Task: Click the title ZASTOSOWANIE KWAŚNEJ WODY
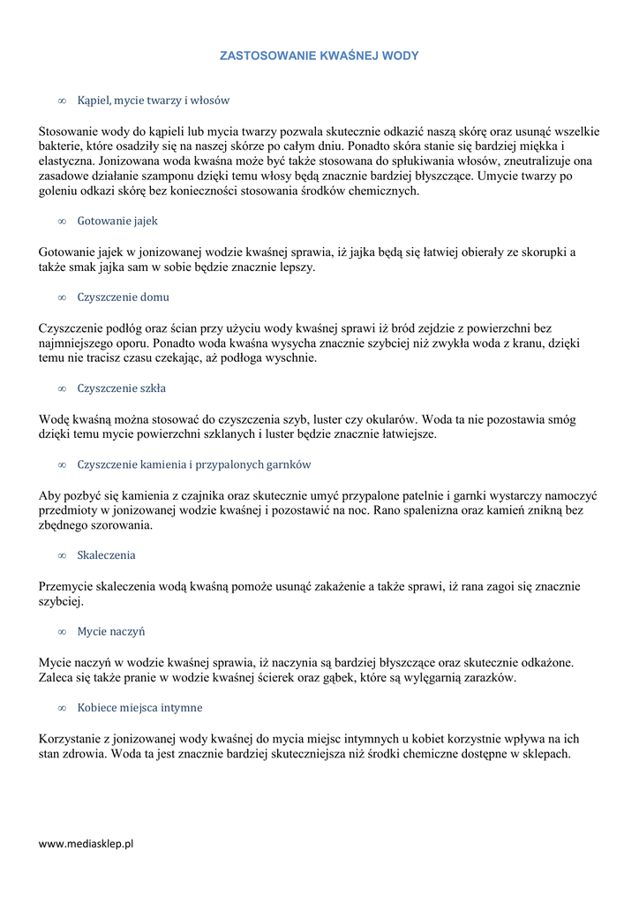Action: click(319, 56)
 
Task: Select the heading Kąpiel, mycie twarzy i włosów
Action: click(153, 101)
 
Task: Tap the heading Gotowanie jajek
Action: click(117, 221)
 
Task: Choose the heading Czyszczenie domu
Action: click(123, 297)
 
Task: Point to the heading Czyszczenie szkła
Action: click(121, 388)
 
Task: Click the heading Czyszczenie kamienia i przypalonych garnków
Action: click(193, 464)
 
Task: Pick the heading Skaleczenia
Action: click(106, 555)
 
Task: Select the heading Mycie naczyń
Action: click(110, 632)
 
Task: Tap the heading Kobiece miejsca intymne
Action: click(139, 708)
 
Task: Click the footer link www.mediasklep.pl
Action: click(86, 844)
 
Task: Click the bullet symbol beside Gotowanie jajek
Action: click(62, 221)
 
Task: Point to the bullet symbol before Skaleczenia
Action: click(62, 556)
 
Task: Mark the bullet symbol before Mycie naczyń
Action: click(62, 632)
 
